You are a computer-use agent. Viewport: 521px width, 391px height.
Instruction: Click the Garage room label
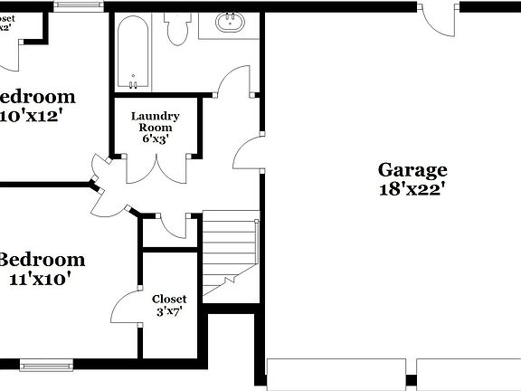pos(412,169)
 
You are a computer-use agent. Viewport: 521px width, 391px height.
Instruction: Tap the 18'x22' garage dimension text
pos(412,189)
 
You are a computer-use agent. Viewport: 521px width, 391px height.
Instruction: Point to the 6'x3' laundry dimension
pos(156,138)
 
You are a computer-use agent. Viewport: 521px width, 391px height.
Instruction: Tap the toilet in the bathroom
pos(176,29)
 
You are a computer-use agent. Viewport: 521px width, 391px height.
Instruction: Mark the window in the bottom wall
pos(45,366)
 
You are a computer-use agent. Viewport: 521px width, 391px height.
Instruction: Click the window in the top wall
pos(79,5)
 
